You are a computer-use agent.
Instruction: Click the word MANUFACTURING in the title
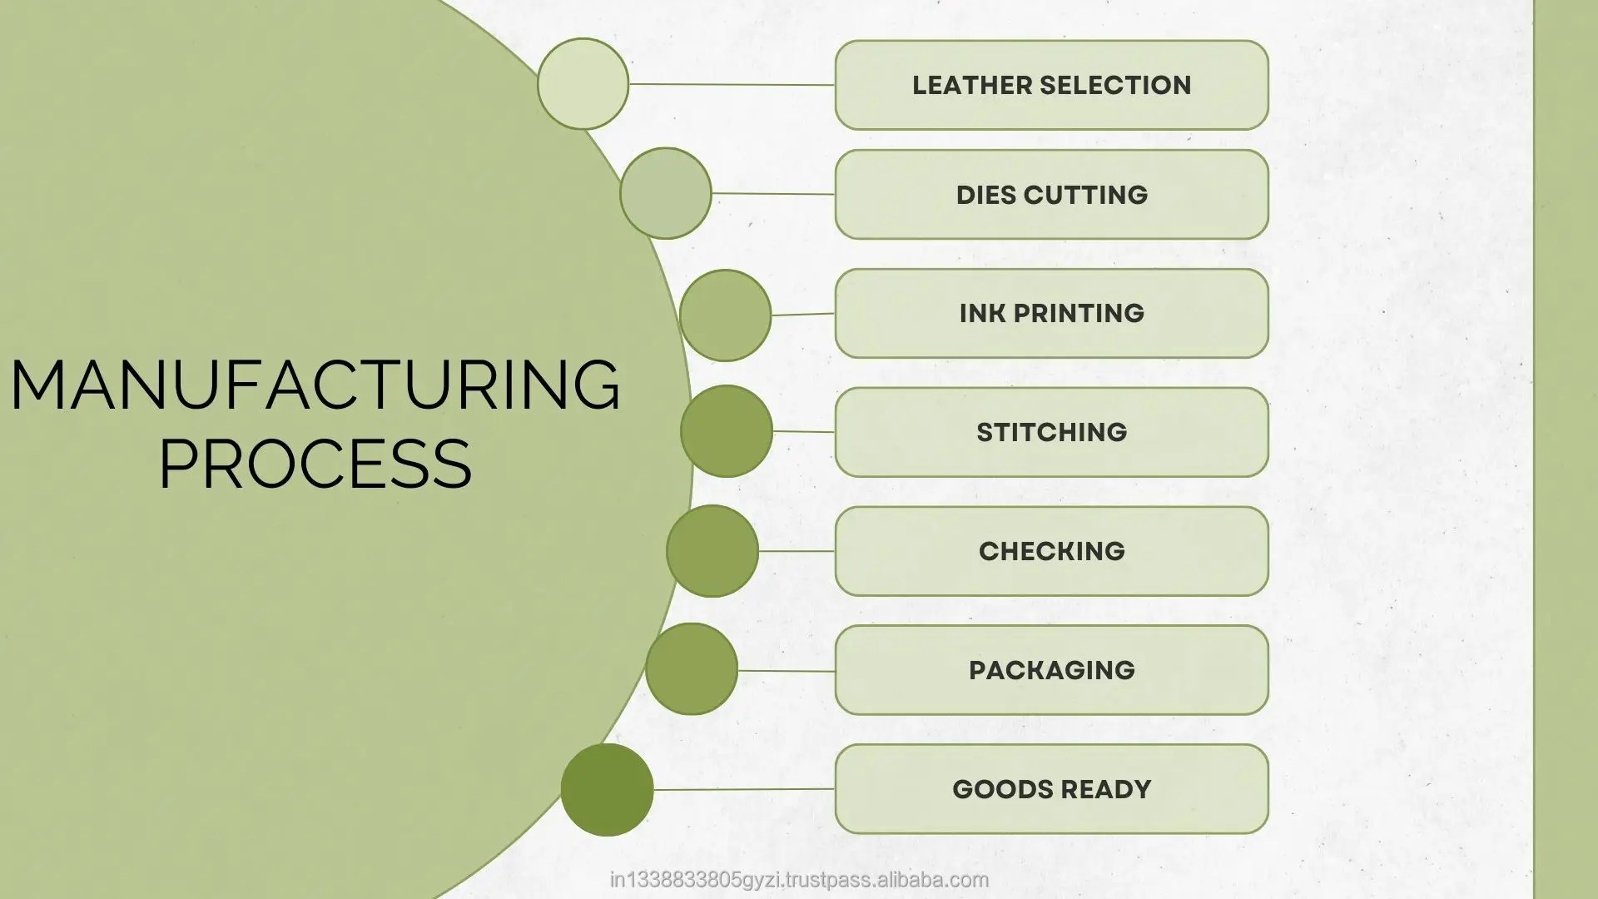[x=315, y=385]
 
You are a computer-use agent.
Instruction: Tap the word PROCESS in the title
[x=315, y=463]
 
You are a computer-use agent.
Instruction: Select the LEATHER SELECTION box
[x=1051, y=85]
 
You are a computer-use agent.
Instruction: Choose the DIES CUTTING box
[x=1051, y=195]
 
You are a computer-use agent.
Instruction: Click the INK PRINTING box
[x=1051, y=313]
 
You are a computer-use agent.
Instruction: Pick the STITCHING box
[x=1051, y=432]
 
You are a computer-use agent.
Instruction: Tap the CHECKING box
[x=1051, y=551]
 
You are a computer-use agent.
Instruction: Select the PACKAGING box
[x=1051, y=670]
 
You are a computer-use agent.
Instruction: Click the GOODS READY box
[x=1051, y=789]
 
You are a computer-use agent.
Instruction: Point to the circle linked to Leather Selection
[x=583, y=83]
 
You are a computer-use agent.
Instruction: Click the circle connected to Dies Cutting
[x=666, y=193]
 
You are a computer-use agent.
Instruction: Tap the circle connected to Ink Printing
[x=725, y=315]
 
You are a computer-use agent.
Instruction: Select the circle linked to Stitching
[x=727, y=431]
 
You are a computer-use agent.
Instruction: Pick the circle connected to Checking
[x=712, y=551]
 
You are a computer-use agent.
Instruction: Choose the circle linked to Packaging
[x=692, y=669]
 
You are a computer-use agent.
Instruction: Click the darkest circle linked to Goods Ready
[x=607, y=790]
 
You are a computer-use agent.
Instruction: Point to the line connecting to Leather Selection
[x=732, y=84]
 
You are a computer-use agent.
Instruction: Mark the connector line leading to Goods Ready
[x=743, y=789]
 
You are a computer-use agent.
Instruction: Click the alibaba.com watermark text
[x=799, y=880]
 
